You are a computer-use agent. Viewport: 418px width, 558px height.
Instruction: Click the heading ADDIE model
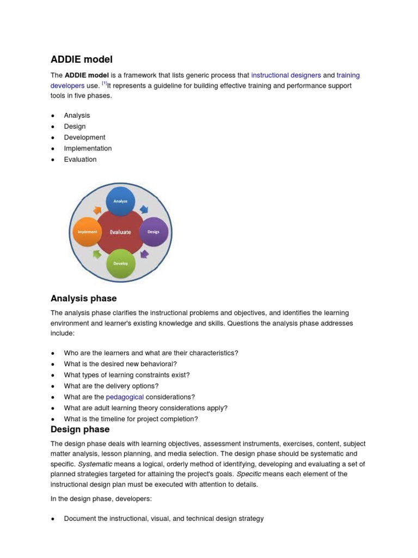pyautogui.click(x=82, y=59)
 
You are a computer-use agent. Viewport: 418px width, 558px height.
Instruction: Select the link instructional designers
pyautogui.click(x=286, y=75)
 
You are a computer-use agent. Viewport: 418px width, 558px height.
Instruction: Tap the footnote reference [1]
pyautogui.click(x=104, y=84)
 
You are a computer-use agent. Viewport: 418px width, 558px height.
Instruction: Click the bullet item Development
pyautogui.click(x=84, y=137)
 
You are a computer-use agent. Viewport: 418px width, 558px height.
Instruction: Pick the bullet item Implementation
pyautogui.click(x=88, y=148)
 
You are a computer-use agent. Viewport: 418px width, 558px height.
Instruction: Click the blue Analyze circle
pyautogui.click(x=120, y=201)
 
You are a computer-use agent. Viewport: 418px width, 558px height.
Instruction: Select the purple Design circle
pyautogui.click(x=153, y=232)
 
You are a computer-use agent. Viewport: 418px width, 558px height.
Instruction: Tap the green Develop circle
pyautogui.click(x=120, y=263)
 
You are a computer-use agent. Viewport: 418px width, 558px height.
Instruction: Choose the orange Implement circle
pyautogui.click(x=87, y=232)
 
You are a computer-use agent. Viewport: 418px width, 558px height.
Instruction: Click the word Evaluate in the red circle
pyautogui.click(x=120, y=232)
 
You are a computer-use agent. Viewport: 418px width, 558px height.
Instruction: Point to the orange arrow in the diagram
pyautogui.click(x=97, y=210)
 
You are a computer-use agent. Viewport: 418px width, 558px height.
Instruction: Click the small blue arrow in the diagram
pyautogui.click(x=144, y=209)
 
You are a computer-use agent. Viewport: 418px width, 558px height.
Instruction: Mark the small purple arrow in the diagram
pyautogui.click(x=144, y=254)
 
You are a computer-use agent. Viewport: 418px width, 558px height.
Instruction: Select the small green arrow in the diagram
pyautogui.click(x=97, y=254)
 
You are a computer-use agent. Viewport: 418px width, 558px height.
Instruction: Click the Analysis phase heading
pyautogui.click(x=83, y=299)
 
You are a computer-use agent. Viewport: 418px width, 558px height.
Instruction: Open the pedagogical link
pyautogui.click(x=125, y=397)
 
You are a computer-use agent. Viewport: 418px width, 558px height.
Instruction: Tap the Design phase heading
pyautogui.click(x=80, y=430)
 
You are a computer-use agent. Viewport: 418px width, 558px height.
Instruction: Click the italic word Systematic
pyautogui.click(x=95, y=464)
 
